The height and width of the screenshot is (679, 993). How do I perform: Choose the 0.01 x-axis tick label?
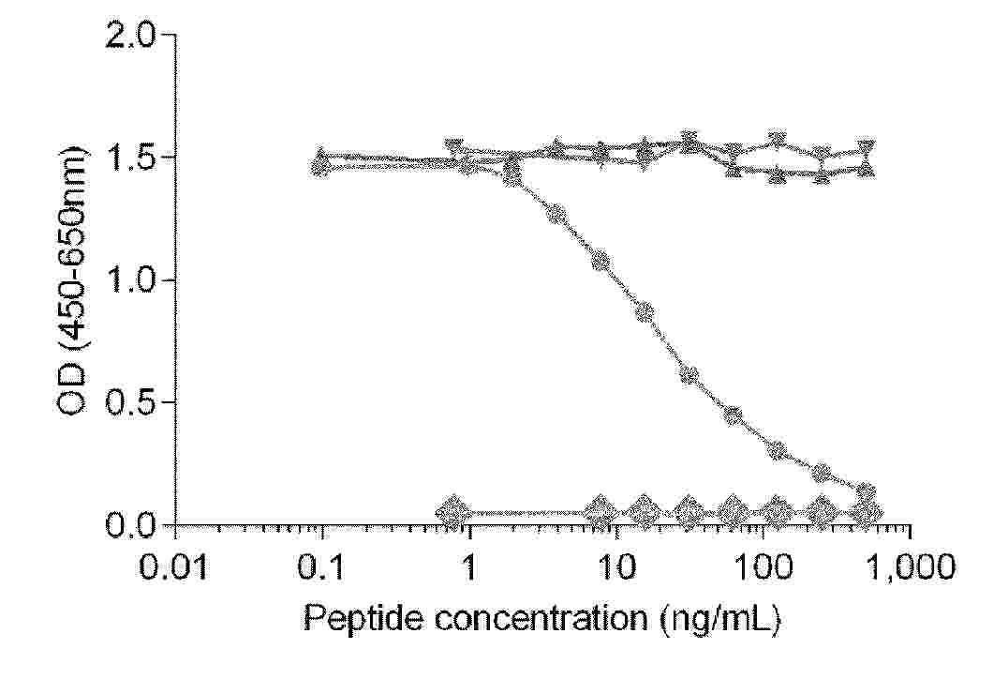click(x=176, y=567)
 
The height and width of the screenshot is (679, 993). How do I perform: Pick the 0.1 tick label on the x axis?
click(x=322, y=567)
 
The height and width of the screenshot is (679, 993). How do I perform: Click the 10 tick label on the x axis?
click(x=615, y=567)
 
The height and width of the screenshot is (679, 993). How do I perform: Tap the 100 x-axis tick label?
click(x=763, y=567)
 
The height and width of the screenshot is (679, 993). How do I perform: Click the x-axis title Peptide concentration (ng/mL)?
click(x=542, y=619)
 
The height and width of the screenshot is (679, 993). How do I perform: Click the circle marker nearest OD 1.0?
click(x=600, y=260)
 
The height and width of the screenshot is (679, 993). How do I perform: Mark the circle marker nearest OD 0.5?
click(x=733, y=415)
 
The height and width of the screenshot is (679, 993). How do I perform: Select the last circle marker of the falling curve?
click(x=866, y=491)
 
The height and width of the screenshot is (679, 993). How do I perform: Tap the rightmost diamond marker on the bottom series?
click(x=869, y=512)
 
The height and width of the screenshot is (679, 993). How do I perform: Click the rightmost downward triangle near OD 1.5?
click(x=867, y=149)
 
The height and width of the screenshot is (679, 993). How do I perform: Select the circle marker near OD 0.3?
click(x=777, y=450)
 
